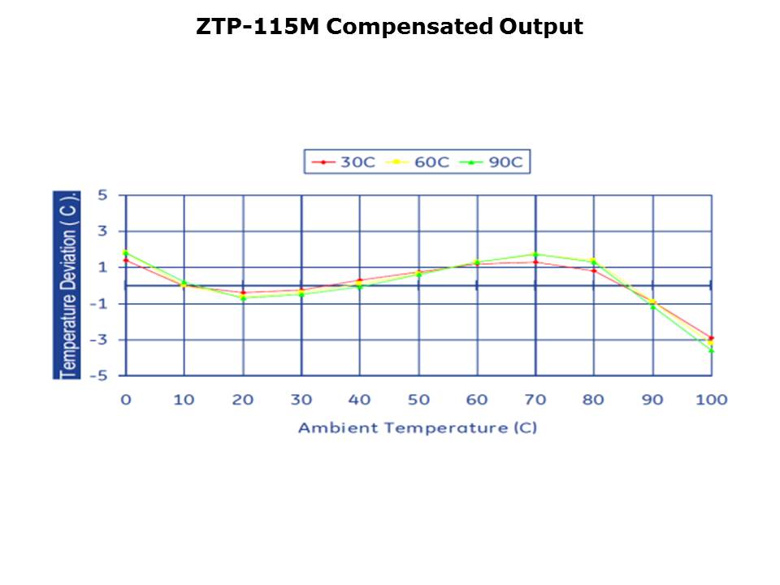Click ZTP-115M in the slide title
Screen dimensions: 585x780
click(259, 27)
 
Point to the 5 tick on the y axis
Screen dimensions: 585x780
click(103, 195)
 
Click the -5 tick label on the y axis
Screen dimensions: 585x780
click(98, 375)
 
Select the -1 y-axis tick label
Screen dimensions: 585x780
click(98, 304)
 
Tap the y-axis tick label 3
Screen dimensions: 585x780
click(103, 232)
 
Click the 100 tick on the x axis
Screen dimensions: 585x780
click(712, 399)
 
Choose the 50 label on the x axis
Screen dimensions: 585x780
click(418, 399)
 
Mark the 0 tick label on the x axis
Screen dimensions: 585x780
click(125, 399)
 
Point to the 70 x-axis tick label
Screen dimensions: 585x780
click(535, 399)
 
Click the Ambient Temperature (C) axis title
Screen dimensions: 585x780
click(418, 427)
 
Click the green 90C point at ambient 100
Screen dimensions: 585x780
click(712, 350)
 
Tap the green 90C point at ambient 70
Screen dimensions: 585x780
click(535, 254)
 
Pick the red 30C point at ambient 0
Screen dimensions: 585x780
click(125, 260)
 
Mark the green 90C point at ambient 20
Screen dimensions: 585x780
click(243, 298)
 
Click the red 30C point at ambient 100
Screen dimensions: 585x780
click(712, 338)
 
